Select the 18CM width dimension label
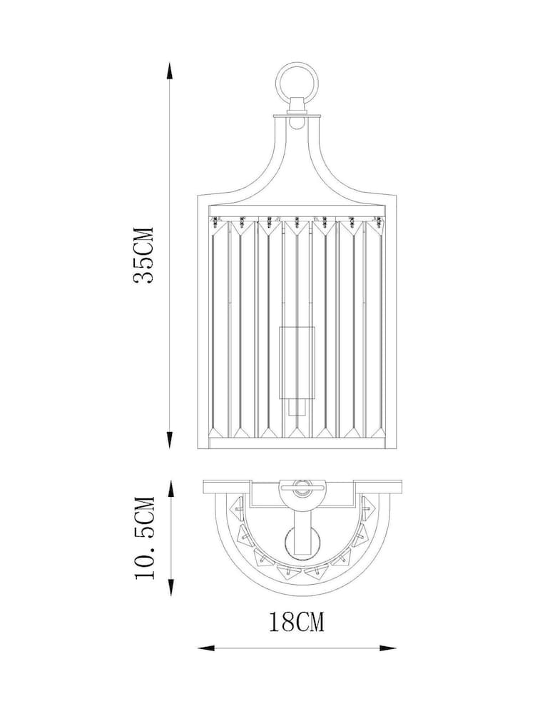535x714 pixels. click(297, 623)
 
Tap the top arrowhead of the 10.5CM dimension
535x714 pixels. click(171, 486)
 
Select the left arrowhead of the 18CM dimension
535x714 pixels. click(203, 648)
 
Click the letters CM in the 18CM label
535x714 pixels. click(310, 623)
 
